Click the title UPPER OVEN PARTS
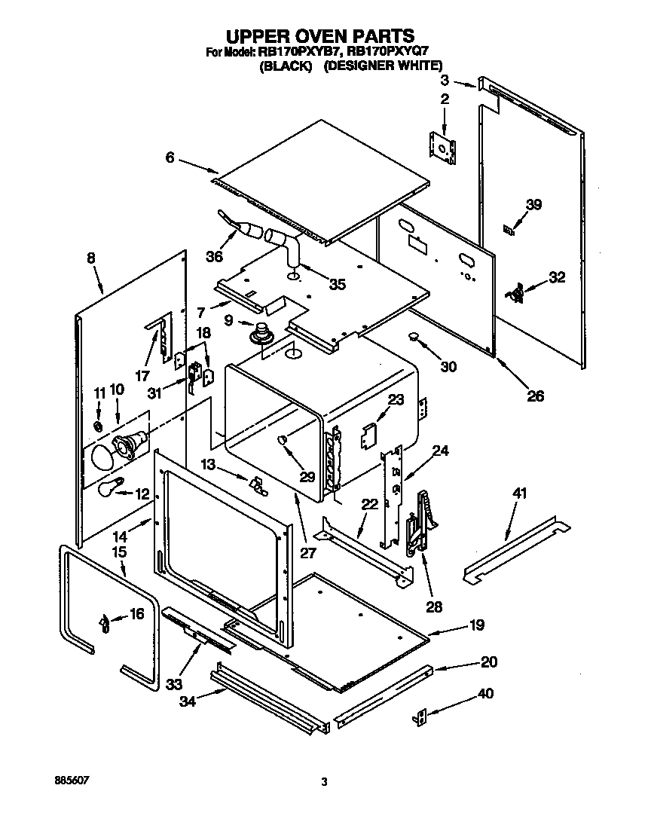pyautogui.click(x=320, y=35)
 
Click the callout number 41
pyautogui.click(x=520, y=494)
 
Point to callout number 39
pyautogui.click(x=533, y=204)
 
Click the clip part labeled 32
pyautogui.click(x=516, y=294)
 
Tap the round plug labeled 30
pyautogui.click(x=414, y=336)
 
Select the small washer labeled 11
pyautogui.click(x=99, y=427)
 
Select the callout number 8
pyautogui.click(x=91, y=258)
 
